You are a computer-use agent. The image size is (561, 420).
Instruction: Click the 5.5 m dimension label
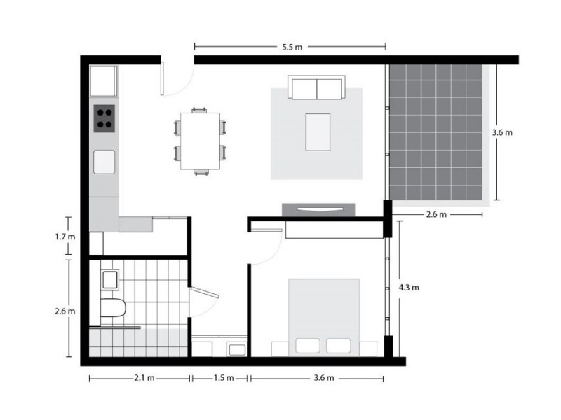coord(292,48)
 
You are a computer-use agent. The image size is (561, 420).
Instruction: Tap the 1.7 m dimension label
coord(65,237)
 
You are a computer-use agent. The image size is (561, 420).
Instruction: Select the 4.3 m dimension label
coord(409,288)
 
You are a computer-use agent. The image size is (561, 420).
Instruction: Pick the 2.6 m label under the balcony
coord(436,215)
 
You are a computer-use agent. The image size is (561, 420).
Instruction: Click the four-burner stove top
coord(104,118)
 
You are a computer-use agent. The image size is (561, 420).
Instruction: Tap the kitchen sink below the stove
coord(104,161)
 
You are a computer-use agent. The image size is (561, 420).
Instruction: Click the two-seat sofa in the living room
coord(317,90)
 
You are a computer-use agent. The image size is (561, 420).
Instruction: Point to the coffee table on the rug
coord(318,132)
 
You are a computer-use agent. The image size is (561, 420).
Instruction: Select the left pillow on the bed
coord(308,345)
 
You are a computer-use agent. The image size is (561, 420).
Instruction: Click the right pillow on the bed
coord(339,345)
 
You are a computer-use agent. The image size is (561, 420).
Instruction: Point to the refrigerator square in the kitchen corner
coord(103,80)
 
